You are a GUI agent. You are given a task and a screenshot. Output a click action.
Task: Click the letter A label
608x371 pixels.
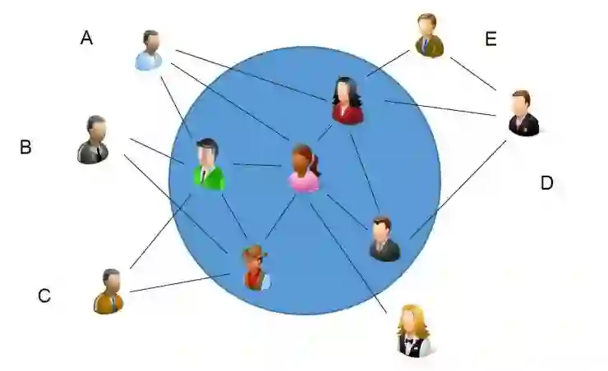click(x=86, y=37)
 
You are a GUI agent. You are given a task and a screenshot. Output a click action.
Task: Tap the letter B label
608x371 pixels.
click(x=25, y=148)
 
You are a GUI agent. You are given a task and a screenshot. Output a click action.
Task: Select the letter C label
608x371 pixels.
click(x=44, y=295)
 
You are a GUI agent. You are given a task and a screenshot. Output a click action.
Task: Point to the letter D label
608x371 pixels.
click(x=546, y=183)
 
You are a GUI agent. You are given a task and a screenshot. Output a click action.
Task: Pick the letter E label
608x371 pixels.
click(x=491, y=39)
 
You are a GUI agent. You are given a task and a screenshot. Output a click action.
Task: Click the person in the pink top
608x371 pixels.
click(x=304, y=169)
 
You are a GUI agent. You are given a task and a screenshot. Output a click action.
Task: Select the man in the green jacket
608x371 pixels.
click(x=209, y=165)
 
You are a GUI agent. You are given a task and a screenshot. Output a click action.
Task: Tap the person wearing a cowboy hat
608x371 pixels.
click(x=256, y=268)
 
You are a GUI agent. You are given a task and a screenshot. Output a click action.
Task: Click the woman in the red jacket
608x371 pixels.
click(x=347, y=101)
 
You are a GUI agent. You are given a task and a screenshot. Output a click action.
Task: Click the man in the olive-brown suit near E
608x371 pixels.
click(x=428, y=36)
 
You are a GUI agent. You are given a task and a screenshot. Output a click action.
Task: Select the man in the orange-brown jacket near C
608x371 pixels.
click(x=108, y=291)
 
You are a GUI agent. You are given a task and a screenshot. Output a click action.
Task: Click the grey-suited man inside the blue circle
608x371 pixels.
click(x=384, y=239)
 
